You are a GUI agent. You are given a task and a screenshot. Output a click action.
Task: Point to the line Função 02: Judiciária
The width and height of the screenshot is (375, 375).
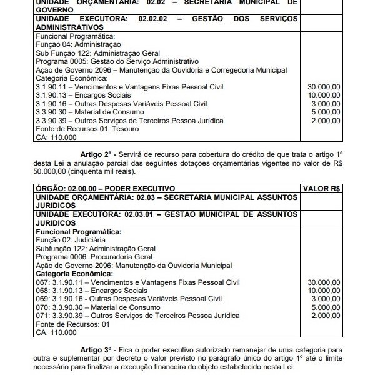[71, 240]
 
